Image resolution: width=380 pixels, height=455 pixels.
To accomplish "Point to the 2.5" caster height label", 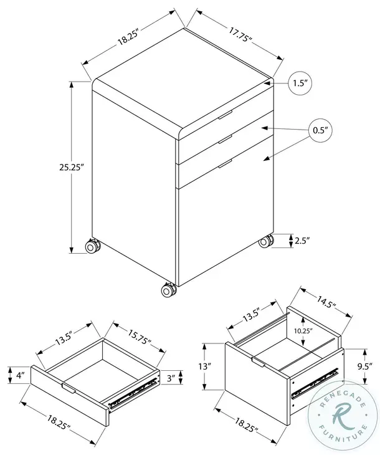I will coord(303,241).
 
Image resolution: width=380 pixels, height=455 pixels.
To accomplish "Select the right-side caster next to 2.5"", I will coord(267,241).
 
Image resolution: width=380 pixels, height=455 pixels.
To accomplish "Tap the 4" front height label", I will coord(20,376).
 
